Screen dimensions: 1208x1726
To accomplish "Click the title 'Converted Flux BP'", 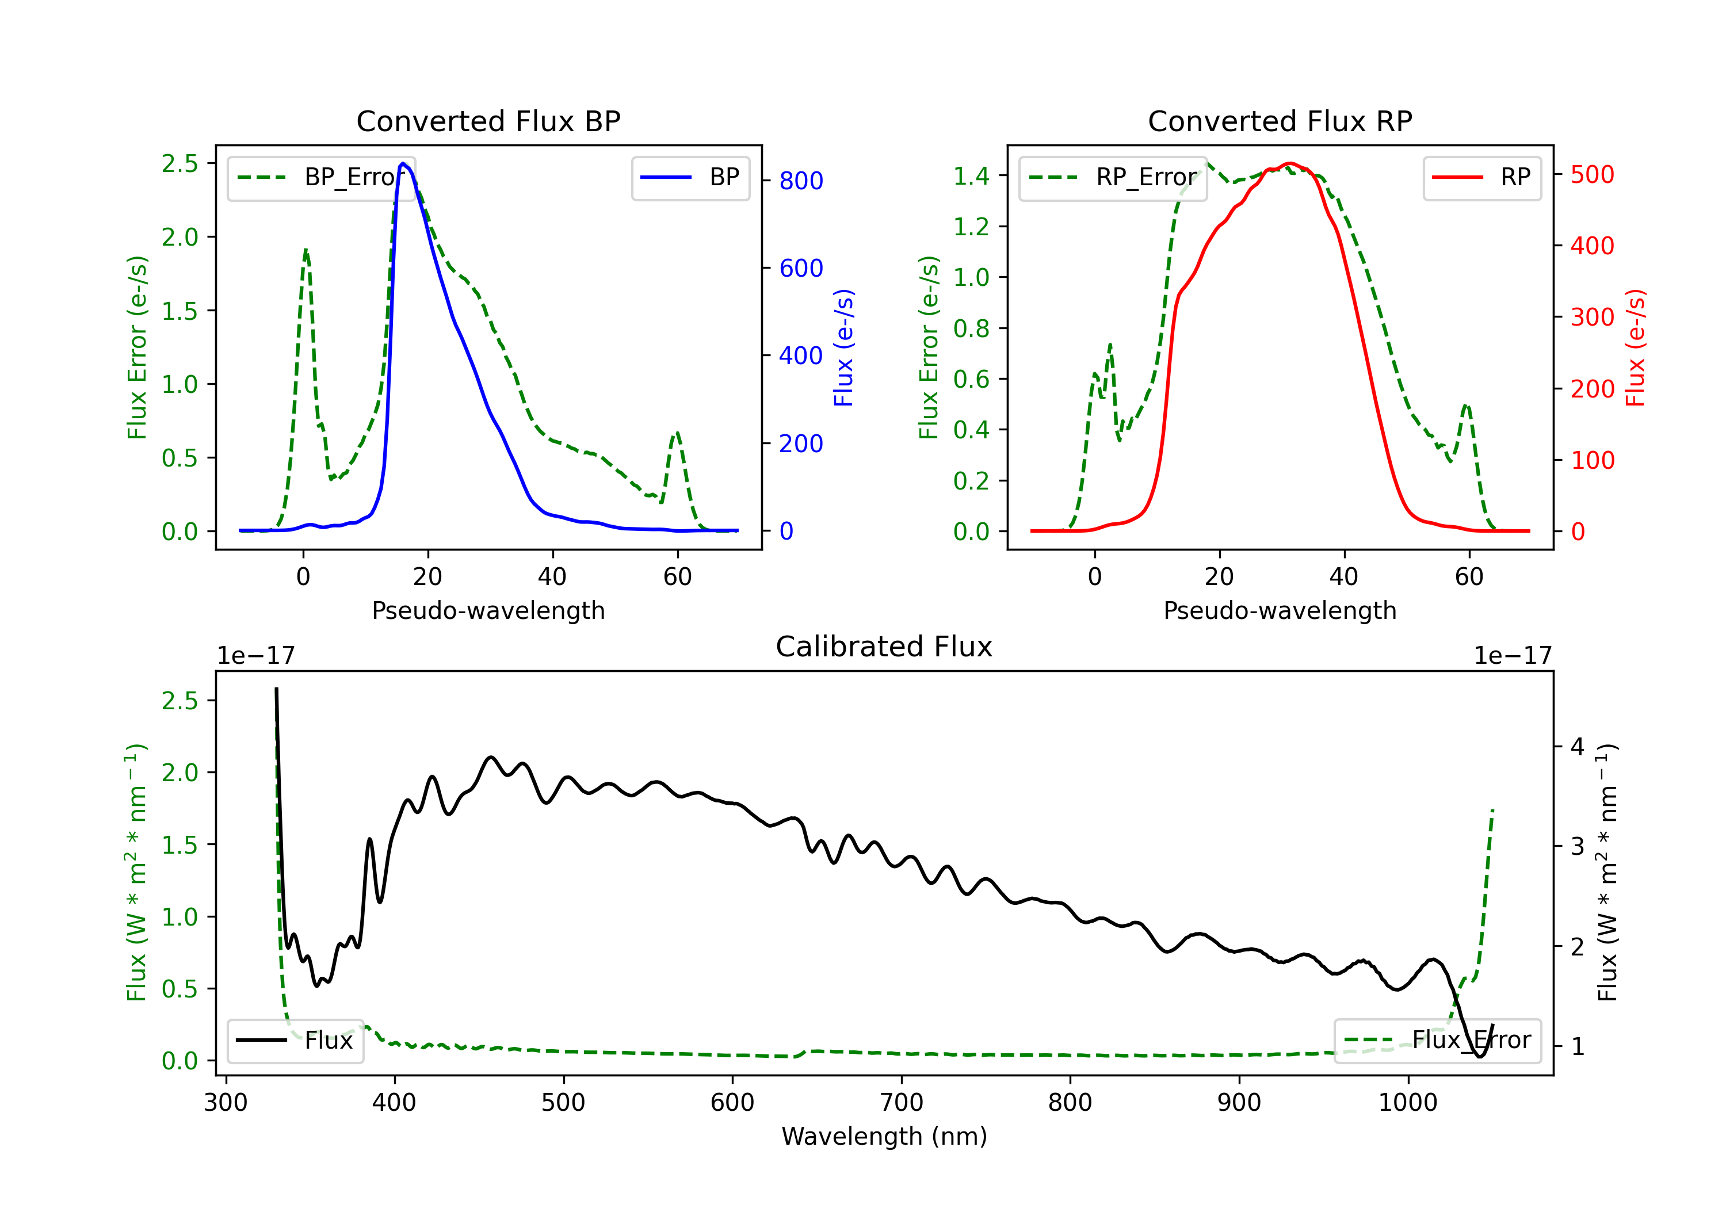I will pos(488,121).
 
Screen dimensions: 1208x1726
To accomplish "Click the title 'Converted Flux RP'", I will pos(1280,121).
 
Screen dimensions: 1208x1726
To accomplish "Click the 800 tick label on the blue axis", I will pos(801,181).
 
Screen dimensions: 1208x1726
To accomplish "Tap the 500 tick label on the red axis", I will pos(1592,174).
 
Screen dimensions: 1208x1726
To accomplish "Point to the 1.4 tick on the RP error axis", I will pos(971,176).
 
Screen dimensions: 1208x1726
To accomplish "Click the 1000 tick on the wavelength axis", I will pos(1407,1102).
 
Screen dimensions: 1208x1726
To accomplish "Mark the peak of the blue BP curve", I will pos(403,163).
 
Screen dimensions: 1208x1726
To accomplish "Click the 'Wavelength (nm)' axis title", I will pos(884,1136).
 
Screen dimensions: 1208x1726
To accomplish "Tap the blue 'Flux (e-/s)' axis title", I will pos(843,347).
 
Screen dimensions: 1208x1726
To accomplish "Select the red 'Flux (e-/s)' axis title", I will pos(1635,347).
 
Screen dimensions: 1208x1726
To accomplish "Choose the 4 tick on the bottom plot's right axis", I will pos(1577,747).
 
